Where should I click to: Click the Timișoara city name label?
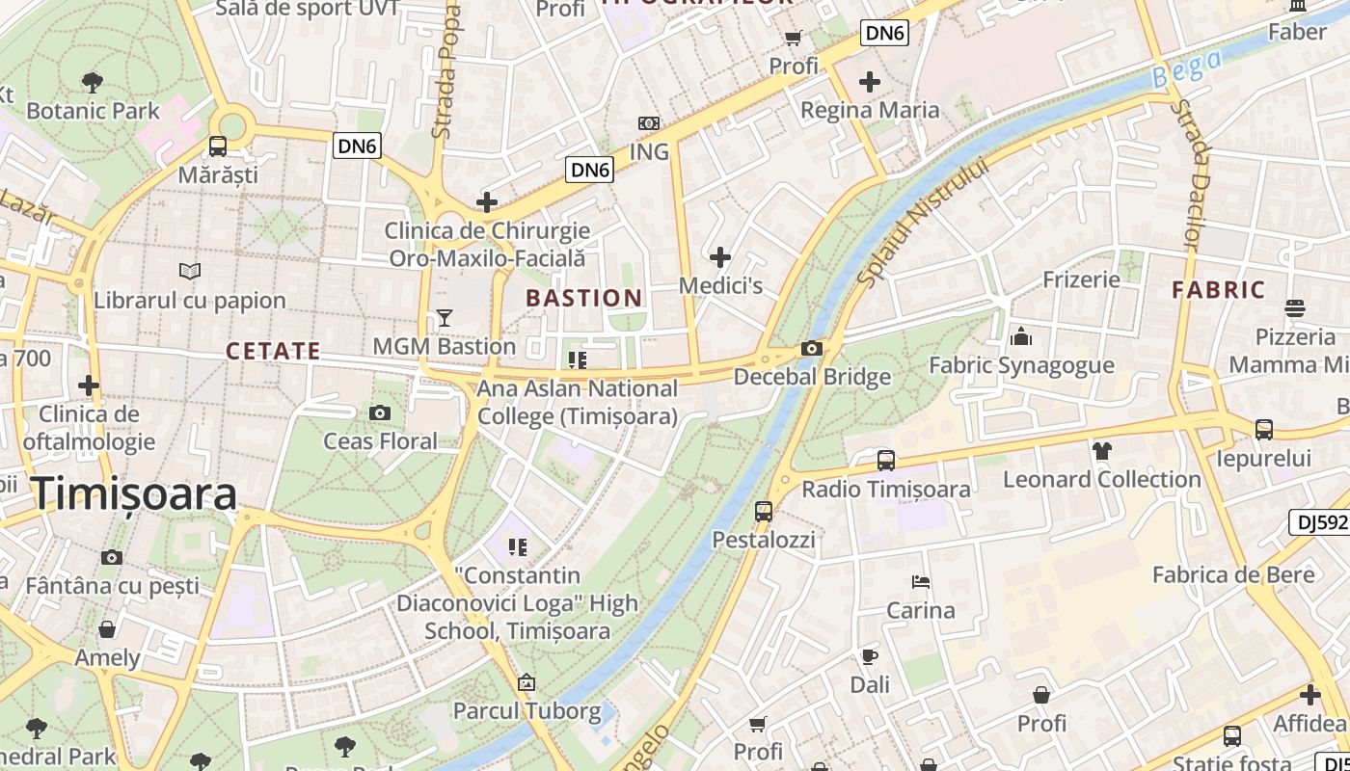coord(135,493)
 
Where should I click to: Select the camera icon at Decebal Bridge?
coord(812,349)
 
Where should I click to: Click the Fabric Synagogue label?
coord(1021,365)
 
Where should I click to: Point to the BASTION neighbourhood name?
coord(584,298)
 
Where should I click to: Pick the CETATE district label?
coord(273,351)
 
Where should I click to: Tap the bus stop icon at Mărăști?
coord(218,146)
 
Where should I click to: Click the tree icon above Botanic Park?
coord(93,82)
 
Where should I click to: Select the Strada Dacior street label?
coord(1192,173)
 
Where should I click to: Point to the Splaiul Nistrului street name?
coord(923,222)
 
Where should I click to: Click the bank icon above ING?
coord(649,123)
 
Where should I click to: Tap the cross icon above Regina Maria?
coord(870,82)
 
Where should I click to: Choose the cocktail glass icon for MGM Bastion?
coord(445,317)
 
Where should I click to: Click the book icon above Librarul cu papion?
coord(190,272)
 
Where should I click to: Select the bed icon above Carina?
coord(921,582)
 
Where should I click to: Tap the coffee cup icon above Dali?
coord(869,657)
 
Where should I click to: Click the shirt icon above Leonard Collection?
coord(1102,450)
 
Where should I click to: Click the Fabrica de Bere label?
coord(1233,575)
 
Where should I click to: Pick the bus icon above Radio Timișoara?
coord(886,461)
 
